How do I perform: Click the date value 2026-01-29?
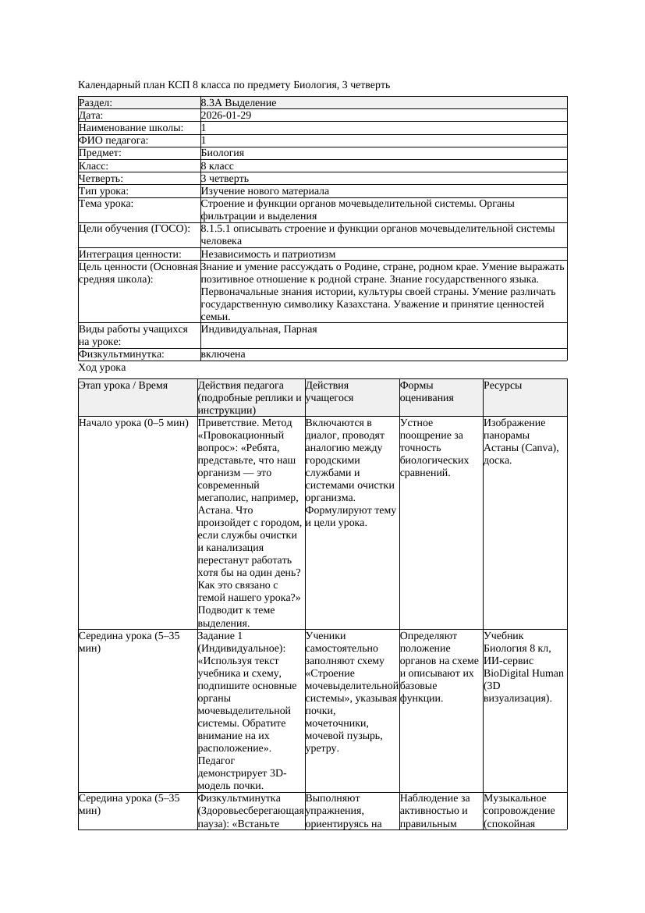click(225, 115)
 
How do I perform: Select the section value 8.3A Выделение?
click(238, 102)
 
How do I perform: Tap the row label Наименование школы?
click(132, 127)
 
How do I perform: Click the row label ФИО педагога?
click(114, 140)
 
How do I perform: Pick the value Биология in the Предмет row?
click(222, 153)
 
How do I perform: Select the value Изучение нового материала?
click(264, 190)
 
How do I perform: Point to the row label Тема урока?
click(106, 203)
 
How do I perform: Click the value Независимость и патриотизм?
click(268, 254)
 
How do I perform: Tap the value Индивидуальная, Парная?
click(258, 329)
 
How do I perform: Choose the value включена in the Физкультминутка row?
click(222, 354)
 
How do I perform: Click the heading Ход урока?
click(102, 367)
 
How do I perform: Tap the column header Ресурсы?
click(503, 385)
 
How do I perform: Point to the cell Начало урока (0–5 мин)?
click(133, 422)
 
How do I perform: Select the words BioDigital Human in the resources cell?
click(523, 673)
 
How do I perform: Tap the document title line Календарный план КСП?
click(234, 84)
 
